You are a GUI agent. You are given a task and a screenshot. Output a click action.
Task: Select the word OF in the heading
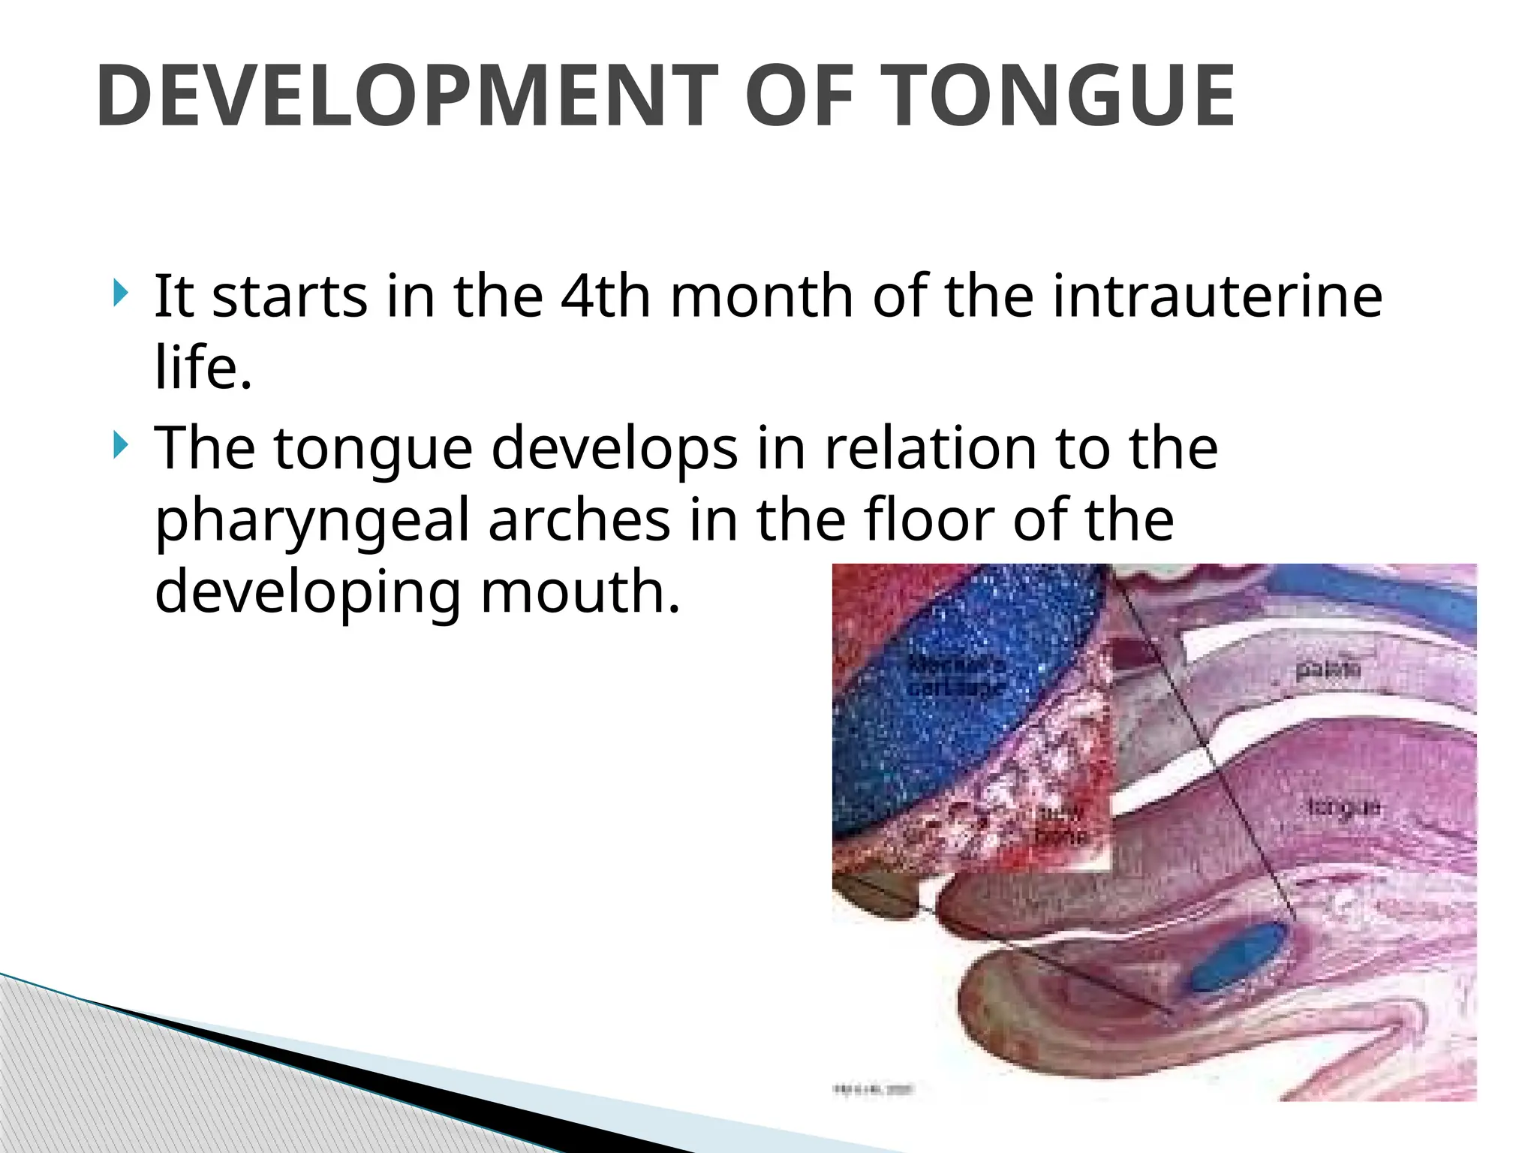[x=799, y=96]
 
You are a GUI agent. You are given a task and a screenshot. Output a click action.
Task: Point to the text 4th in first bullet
[x=605, y=296]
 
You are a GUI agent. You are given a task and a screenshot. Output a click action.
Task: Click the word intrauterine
[x=1217, y=296]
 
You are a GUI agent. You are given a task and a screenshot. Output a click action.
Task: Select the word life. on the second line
[x=203, y=367]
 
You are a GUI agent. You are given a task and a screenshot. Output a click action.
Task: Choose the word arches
[x=579, y=520]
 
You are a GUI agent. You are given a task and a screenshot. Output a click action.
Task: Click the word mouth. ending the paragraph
[x=579, y=592]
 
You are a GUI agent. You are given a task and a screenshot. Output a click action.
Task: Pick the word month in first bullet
[x=762, y=296]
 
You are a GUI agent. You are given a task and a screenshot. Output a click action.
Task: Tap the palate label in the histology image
[x=1328, y=669]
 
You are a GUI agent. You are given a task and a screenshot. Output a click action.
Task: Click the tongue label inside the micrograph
[x=1343, y=807]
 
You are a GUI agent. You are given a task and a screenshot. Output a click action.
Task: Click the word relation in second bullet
[x=931, y=448]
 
